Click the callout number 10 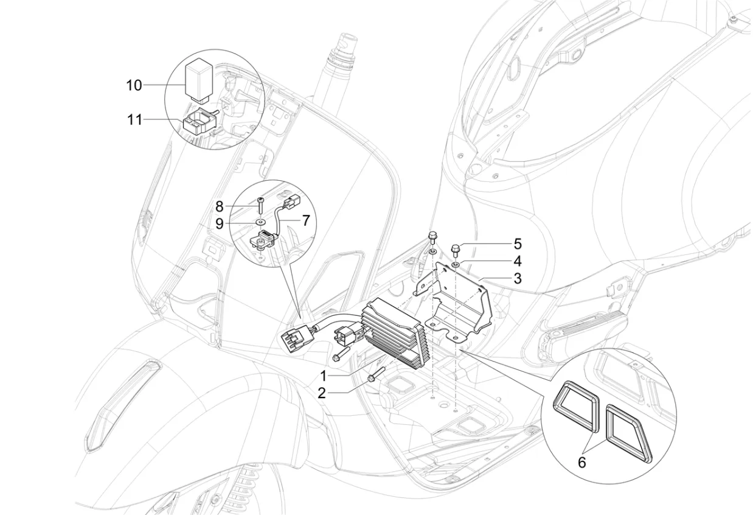pyautogui.click(x=134, y=85)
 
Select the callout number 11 pyautogui.click(x=134, y=119)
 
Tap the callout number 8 pyautogui.click(x=219, y=206)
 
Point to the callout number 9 pyautogui.click(x=219, y=223)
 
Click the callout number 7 pyautogui.click(x=305, y=220)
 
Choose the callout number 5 pyautogui.click(x=518, y=244)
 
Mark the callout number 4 pyautogui.click(x=518, y=261)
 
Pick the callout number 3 pyautogui.click(x=518, y=278)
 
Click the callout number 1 pyautogui.click(x=324, y=375)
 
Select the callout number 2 pyautogui.click(x=322, y=393)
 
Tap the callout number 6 pyautogui.click(x=581, y=463)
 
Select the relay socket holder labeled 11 pyautogui.click(x=200, y=120)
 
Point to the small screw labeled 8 pyautogui.click(x=260, y=205)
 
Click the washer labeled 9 pyautogui.click(x=260, y=222)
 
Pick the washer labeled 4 pyautogui.click(x=456, y=264)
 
